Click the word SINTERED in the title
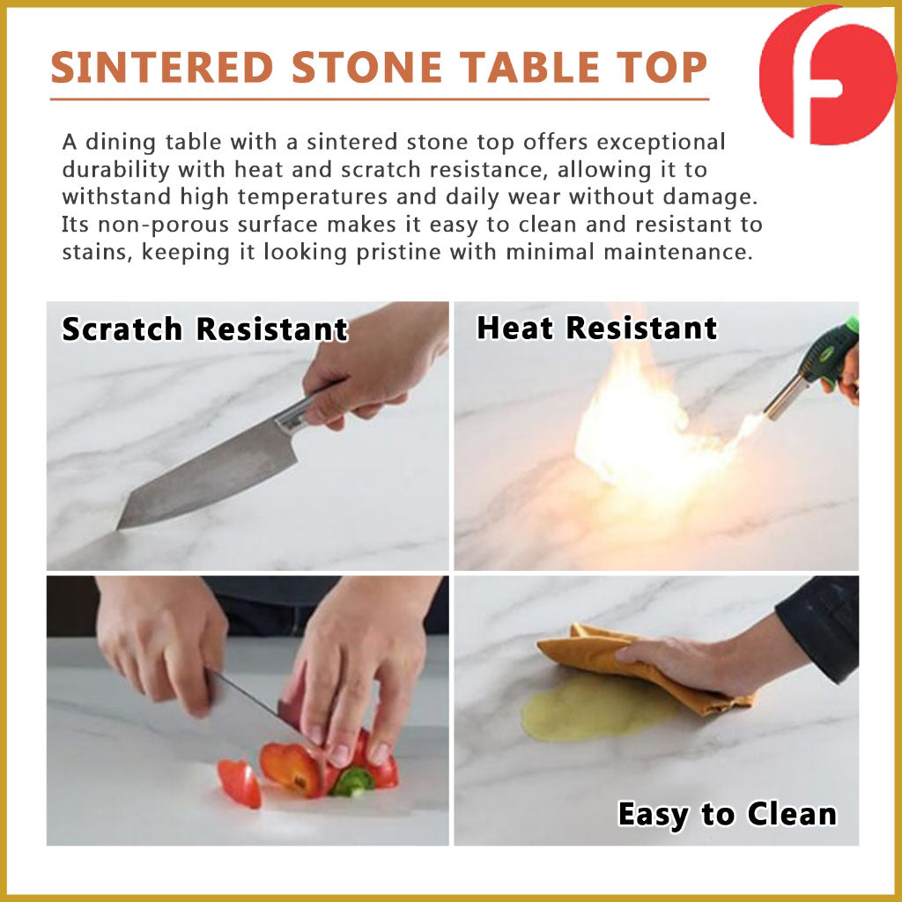(162, 68)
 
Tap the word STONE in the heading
(367, 68)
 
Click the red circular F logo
(827, 76)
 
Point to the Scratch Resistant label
(204, 329)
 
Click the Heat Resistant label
(597, 329)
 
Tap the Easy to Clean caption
(727, 814)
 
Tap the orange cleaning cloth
(644, 668)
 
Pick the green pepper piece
(353, 783)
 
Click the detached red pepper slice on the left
(240, 783)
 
